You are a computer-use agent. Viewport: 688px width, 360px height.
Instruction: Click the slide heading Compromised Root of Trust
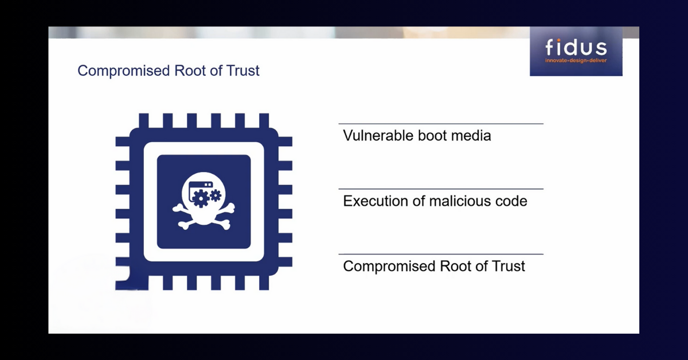(x=169, y=71)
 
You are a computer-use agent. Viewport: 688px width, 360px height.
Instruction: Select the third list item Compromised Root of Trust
(x=434, y=267)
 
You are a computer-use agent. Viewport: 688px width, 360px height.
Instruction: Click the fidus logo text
(x=576, y=48)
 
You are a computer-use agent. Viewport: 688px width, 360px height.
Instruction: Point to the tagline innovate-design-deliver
(x=576, y=60)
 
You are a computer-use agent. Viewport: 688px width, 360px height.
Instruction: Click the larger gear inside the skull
(x=200, y=199)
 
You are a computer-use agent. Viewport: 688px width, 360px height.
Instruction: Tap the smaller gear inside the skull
(x=216, y=195)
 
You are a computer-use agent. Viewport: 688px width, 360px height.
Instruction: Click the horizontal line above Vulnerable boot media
(x=440, y=124)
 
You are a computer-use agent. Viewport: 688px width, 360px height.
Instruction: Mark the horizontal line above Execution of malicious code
(x=440, y=189)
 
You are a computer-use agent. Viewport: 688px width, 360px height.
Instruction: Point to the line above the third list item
(x=440, y=254)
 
